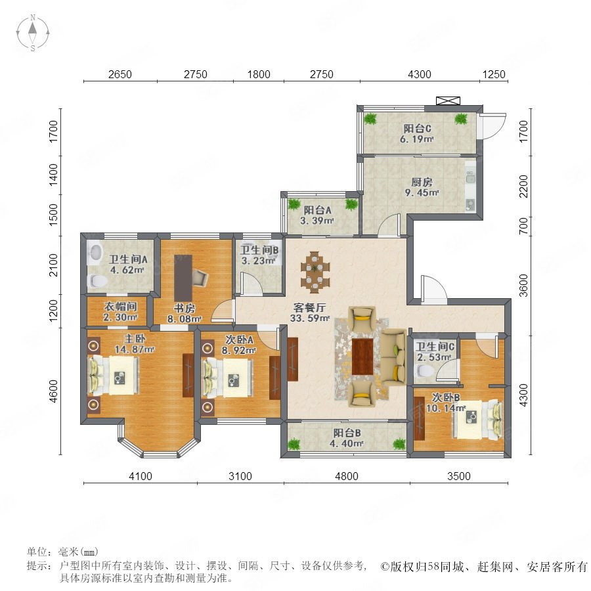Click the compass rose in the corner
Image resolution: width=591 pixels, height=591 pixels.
[33, 32]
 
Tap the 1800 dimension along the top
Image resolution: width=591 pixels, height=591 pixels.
[259, 74]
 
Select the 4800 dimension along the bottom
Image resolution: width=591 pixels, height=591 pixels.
[346, 476]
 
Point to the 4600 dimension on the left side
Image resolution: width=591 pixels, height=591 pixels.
[54, 391]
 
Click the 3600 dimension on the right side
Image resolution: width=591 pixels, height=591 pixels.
[523, 286]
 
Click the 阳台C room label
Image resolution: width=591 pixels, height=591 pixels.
[417, 129]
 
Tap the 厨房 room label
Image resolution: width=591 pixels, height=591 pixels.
[422, 183]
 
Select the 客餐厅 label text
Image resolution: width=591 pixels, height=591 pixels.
[309, 307]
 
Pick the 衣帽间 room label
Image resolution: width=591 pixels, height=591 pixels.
[120, 307]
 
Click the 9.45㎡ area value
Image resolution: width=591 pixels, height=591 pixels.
[422, 193]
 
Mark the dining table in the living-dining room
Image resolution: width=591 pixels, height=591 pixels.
[315, 272]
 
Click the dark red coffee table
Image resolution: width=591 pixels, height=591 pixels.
[362, 357]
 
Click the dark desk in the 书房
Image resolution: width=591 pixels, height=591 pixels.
[183, 278]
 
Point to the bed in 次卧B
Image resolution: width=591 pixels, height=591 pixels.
[477, 420]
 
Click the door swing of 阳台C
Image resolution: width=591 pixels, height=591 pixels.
[493, 126]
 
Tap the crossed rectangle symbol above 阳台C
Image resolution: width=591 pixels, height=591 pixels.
[448, 100]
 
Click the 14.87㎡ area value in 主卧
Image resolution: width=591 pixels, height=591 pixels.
[135, 349]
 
